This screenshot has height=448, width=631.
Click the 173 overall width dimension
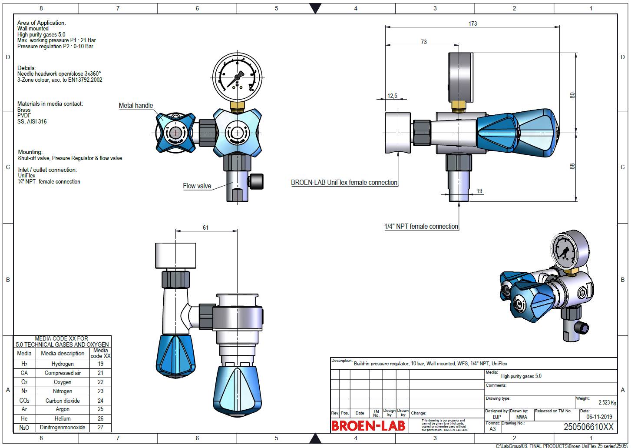pyautogui.click(x=472, y=23)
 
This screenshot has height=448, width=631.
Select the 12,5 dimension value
pyautogui.click(x=392, y=96)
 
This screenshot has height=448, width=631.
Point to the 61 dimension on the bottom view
pyautogui.click(x=205, y=227)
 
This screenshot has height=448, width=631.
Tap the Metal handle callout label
pyautogui.click(x=136, y=106)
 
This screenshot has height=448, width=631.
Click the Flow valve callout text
pyautogui.click(x=197, y=186)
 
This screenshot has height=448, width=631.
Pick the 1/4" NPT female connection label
pyautogui.click(x=421, y=227)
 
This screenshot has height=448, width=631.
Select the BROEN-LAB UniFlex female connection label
pyautogui.click(x=344, y=183)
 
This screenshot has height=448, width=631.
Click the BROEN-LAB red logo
pyautogui.click(x=368, y=426)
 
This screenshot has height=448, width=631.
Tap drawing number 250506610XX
pyautogui.click(x=588, y=427)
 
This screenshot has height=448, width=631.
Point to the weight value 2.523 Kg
pyautogui.click(x=607, y=403)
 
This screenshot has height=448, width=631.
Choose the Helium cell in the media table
pyautogui.click(x=63, y=418)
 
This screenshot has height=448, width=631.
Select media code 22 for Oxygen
pyautogui.click(x=100, y=382)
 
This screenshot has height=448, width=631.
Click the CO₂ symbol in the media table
pyautogui.click(x=24, y=401)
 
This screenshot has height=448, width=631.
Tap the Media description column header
pyautogui.click(x=63, y=354)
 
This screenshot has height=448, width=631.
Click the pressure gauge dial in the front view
pyautogui.click(x=238, y=79)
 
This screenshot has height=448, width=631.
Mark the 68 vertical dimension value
pyautogui.click(x=572, y=166)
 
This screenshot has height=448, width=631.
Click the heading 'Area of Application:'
pyautogui.click(x=42, y=23)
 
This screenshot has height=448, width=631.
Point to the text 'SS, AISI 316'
pyautogui.click(x=32, y=122)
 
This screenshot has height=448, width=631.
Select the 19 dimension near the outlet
pyautogui.click(x=479, y=191)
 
